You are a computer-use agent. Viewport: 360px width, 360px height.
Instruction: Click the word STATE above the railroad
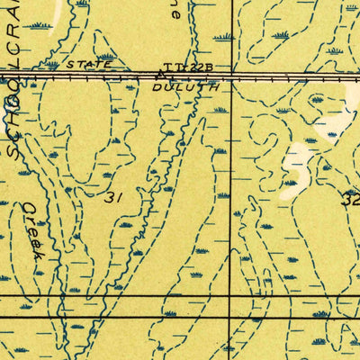[90, 65]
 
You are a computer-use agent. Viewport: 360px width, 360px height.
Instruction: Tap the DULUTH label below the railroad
[185, 88]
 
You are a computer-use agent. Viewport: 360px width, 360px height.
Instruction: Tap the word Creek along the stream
[33, 229]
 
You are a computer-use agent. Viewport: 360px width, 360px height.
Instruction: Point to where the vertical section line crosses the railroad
[231, 77]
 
